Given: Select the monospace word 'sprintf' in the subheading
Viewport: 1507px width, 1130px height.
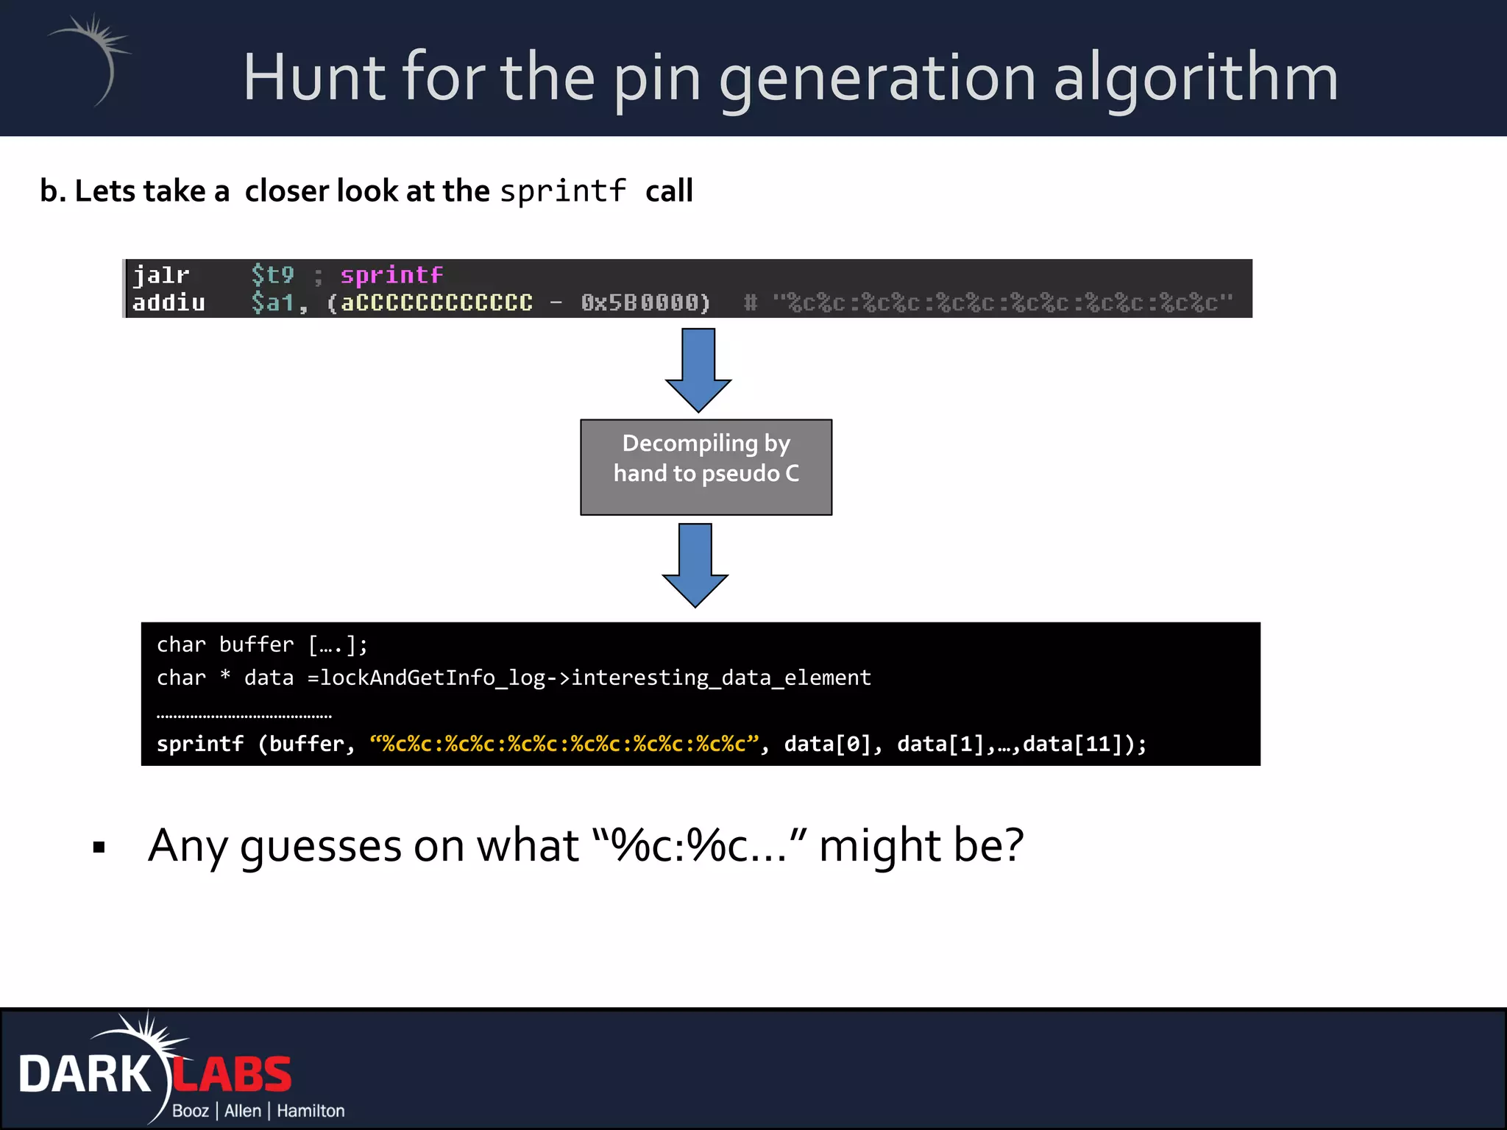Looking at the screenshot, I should [x=563, y=191].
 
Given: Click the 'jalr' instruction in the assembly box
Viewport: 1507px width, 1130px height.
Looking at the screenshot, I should [x=161, y=275].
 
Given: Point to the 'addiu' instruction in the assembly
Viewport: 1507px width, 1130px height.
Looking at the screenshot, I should [x=169, y=302].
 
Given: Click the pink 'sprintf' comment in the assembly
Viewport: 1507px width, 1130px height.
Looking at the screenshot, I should [x=391, y=275].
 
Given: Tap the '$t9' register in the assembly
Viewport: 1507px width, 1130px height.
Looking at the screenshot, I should [x=272, y=275].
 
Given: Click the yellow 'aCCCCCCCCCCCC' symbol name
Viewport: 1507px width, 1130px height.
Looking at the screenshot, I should [x=437, y=302].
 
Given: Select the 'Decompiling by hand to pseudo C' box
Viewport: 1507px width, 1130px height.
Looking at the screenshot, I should [x=706, y=466].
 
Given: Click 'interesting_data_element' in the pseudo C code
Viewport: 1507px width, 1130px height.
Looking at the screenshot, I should [x=721, y=678].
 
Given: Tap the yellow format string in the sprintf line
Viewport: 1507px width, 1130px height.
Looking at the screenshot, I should [x=564, y=744].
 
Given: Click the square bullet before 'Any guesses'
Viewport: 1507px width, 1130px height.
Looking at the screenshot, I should [x=99, y=847].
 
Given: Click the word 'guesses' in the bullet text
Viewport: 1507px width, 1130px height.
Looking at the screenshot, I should [x=321, y=846].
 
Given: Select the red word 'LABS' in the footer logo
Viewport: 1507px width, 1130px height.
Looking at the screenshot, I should [x=233, y=1075].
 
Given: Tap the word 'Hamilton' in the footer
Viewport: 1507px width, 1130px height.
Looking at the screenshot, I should [x=311, y=1111].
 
